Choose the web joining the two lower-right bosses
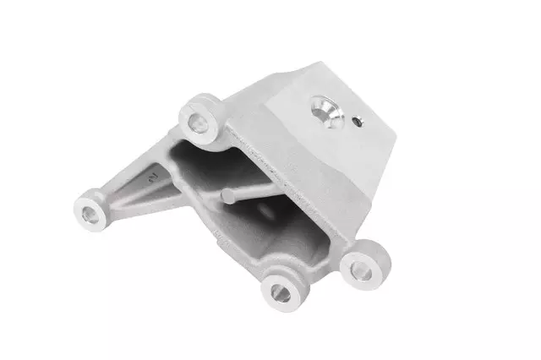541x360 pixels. pos(321,275)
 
